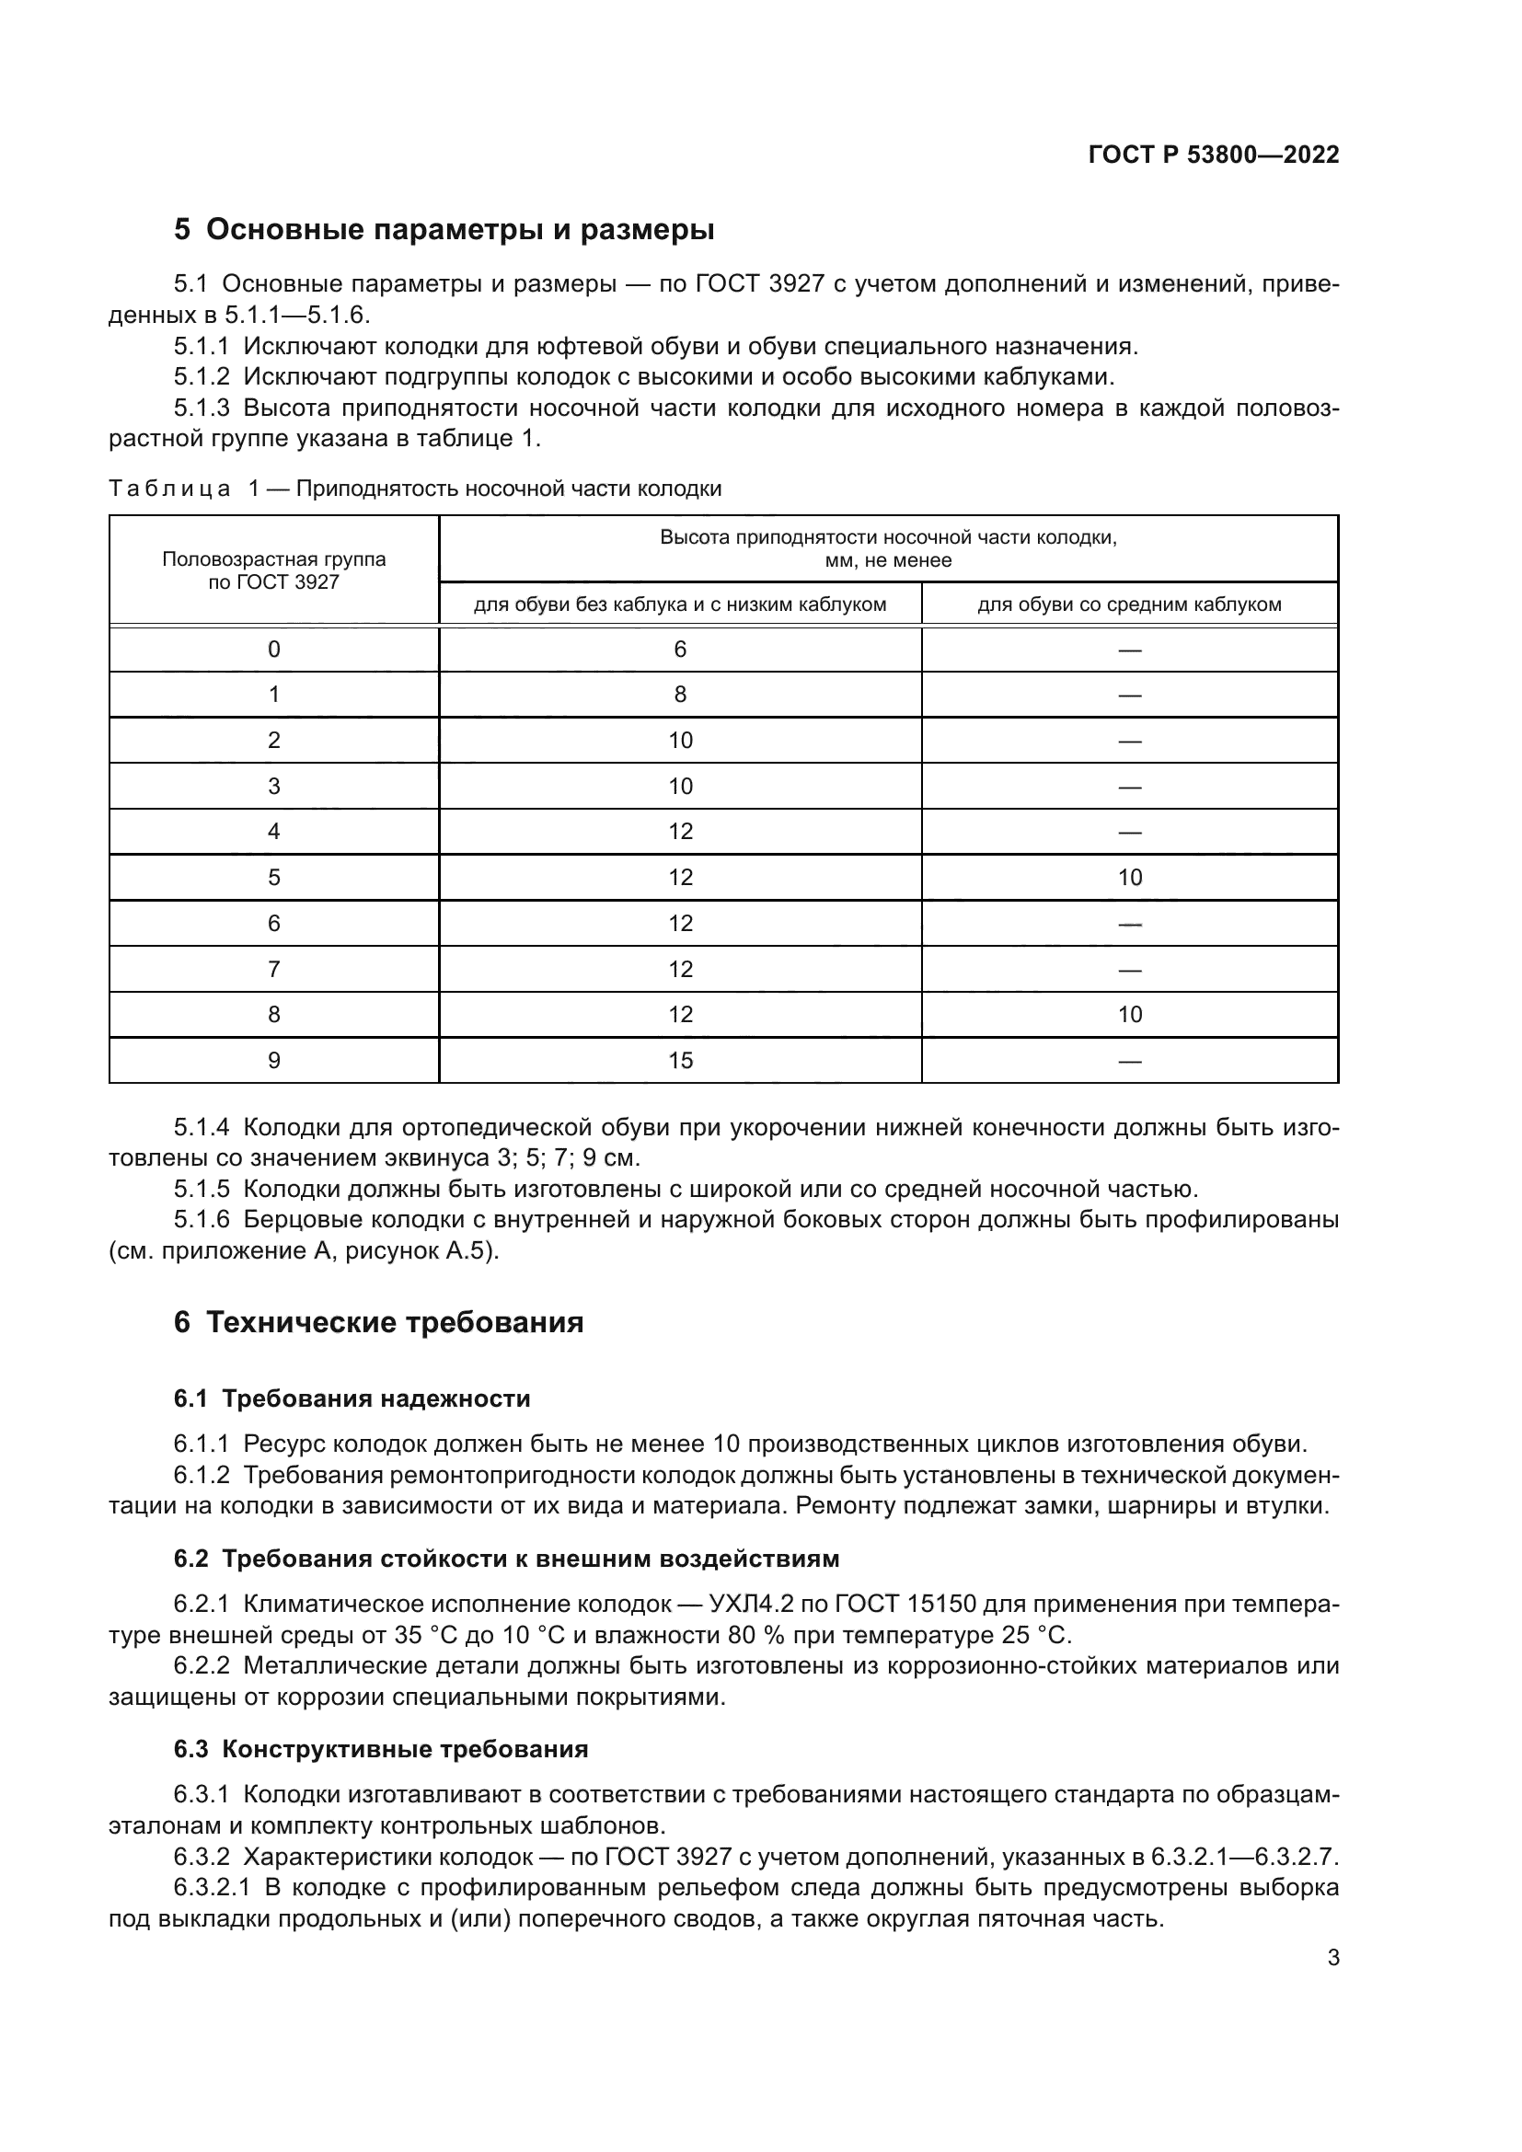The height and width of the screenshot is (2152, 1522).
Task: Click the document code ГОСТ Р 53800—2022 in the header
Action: tap(1213, 155)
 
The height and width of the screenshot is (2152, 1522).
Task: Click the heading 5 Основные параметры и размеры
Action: tap(444, 230)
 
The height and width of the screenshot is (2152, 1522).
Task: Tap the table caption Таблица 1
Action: tap(179, 489)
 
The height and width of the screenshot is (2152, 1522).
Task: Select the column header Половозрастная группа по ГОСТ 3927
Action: tap(273, 570)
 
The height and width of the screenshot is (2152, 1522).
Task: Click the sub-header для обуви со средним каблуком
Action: tap(1129, 604)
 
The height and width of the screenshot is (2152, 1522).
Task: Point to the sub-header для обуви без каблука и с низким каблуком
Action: tap(679, 604)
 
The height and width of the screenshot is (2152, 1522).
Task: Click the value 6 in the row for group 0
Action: tap(679, 650)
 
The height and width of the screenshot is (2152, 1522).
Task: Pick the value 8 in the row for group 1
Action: tap(679, 695)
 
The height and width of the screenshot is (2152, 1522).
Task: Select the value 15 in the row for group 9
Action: tap(679, 1060)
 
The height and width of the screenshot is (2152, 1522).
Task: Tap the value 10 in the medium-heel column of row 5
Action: tap(1129, 878)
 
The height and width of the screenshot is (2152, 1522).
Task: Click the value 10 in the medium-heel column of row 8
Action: tap(1129, 1014)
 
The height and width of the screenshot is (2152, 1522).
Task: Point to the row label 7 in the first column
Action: tap(273, 969)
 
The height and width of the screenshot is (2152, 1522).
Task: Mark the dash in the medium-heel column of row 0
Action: tap(1129, 650)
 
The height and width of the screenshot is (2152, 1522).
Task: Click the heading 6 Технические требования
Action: tap(378, 1322)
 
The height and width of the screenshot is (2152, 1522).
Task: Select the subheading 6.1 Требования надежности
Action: tap(352, 1398)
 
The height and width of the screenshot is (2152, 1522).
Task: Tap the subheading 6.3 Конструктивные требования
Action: tap(381, 1749)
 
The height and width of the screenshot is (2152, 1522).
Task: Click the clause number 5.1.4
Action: tap(201, 1128)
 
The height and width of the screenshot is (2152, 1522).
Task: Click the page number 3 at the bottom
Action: tap(1332, 1958)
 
